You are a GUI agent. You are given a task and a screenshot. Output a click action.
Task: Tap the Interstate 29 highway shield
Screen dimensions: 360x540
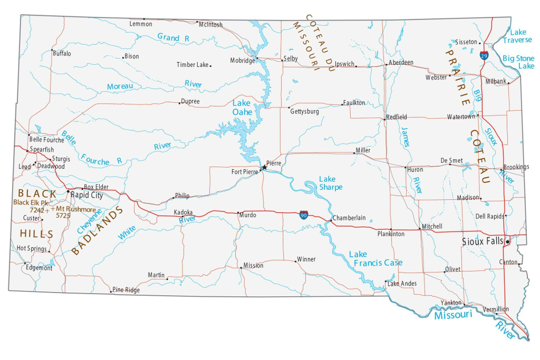point(484,55)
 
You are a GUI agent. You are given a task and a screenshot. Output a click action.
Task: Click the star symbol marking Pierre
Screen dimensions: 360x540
point(264,167)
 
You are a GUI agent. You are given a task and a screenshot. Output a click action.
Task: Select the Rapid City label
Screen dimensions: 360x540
point(87,195)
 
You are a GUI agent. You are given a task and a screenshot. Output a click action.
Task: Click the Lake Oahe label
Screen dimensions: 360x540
point(242,108)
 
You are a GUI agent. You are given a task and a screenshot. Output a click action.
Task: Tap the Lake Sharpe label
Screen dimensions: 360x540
point(330,183)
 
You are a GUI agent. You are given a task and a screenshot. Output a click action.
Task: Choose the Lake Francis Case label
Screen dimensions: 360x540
point(375,259)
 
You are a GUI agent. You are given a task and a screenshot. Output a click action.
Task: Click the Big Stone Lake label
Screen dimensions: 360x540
point(518,62)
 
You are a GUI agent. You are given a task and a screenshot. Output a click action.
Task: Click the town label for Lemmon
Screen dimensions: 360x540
point(141,24)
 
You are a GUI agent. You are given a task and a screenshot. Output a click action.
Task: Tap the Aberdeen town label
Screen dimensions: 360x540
point(401,62)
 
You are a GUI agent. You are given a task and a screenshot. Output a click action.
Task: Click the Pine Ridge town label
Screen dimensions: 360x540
point(126,290)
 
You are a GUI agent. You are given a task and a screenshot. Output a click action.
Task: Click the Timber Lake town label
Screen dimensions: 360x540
point(192,65)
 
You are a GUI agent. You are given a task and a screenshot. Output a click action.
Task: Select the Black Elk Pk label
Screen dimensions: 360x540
point(31,202)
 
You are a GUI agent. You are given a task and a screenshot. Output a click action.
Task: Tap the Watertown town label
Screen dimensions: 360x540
point(461,116)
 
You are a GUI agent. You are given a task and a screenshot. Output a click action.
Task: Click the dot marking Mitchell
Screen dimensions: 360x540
point(420,229)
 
